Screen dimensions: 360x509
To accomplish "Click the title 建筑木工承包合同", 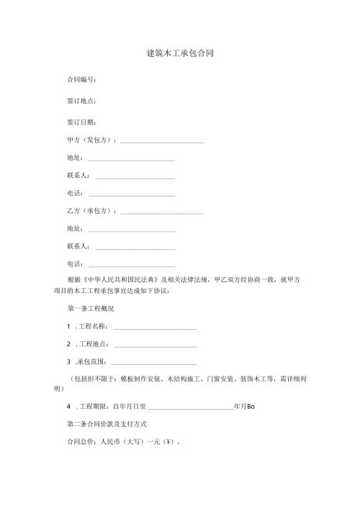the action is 179,53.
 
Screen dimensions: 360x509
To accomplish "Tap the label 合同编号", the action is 81,80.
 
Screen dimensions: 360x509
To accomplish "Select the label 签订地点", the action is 81,102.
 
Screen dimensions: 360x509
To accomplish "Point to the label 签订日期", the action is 81,122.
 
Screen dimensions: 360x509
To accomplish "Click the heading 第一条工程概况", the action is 90,308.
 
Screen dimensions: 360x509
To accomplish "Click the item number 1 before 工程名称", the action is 68,326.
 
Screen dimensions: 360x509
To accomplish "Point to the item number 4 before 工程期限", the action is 68,406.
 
